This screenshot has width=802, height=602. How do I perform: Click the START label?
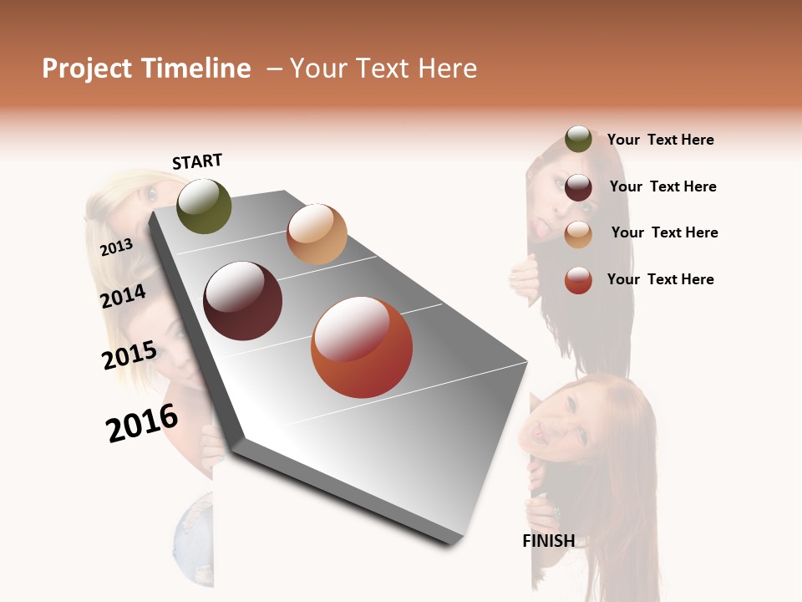[x=197, y=161]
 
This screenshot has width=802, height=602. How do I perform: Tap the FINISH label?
[x=548, y=541]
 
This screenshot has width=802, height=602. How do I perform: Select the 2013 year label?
[x=116, y=247]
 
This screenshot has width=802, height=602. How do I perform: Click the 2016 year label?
[x=142, y=423]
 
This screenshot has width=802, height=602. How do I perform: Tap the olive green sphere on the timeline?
[x=204, y=206]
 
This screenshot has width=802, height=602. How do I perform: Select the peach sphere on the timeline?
[x=317, y=234]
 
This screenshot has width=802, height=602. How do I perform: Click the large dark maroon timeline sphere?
[x=243, y=301]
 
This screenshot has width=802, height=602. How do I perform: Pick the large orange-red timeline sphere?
[x=362, y=347]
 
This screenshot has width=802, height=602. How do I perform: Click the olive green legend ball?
[x=578, y=140]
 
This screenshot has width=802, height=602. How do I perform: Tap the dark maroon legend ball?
[x=578, y=187]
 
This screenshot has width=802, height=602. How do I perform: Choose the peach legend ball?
[x=578, y=234]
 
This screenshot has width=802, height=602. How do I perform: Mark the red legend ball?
[x=578, y=280]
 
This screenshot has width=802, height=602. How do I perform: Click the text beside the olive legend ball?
[x=660, y=140]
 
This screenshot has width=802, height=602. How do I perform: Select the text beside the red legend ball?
[x=660, y=279]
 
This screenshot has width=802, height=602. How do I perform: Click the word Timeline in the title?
[x=195, y=69]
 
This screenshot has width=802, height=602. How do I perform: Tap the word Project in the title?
[x=88, y=69]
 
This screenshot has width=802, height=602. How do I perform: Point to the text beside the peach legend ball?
[x=664, y=232]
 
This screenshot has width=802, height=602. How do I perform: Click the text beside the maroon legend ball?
[x=662, y=186]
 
